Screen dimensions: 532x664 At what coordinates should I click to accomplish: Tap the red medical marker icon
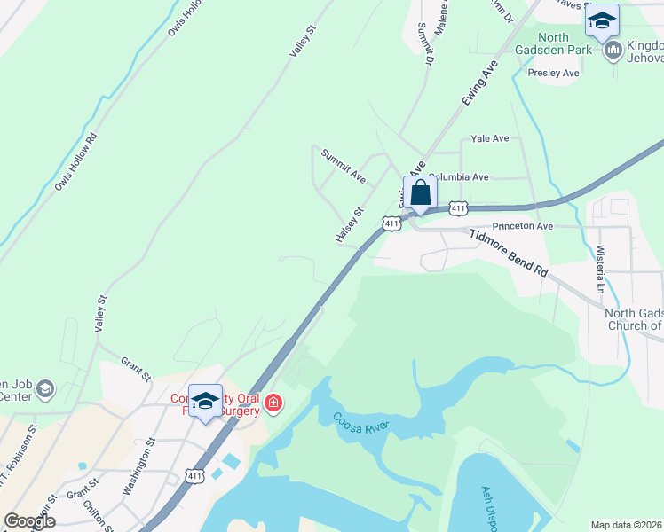(273, 406)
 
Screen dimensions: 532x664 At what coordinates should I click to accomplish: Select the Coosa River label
(362, 424)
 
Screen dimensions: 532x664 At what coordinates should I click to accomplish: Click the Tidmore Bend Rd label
(509, 254)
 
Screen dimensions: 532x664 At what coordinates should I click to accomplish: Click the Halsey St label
(350, 225)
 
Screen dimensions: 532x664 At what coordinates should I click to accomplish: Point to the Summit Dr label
(424, 43)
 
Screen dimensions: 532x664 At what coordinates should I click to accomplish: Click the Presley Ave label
(553, 73)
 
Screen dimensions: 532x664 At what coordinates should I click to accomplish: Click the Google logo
(29, 521)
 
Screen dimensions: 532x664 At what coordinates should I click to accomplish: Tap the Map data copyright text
(626, 525)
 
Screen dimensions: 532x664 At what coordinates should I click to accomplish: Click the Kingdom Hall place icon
(613, 52)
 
